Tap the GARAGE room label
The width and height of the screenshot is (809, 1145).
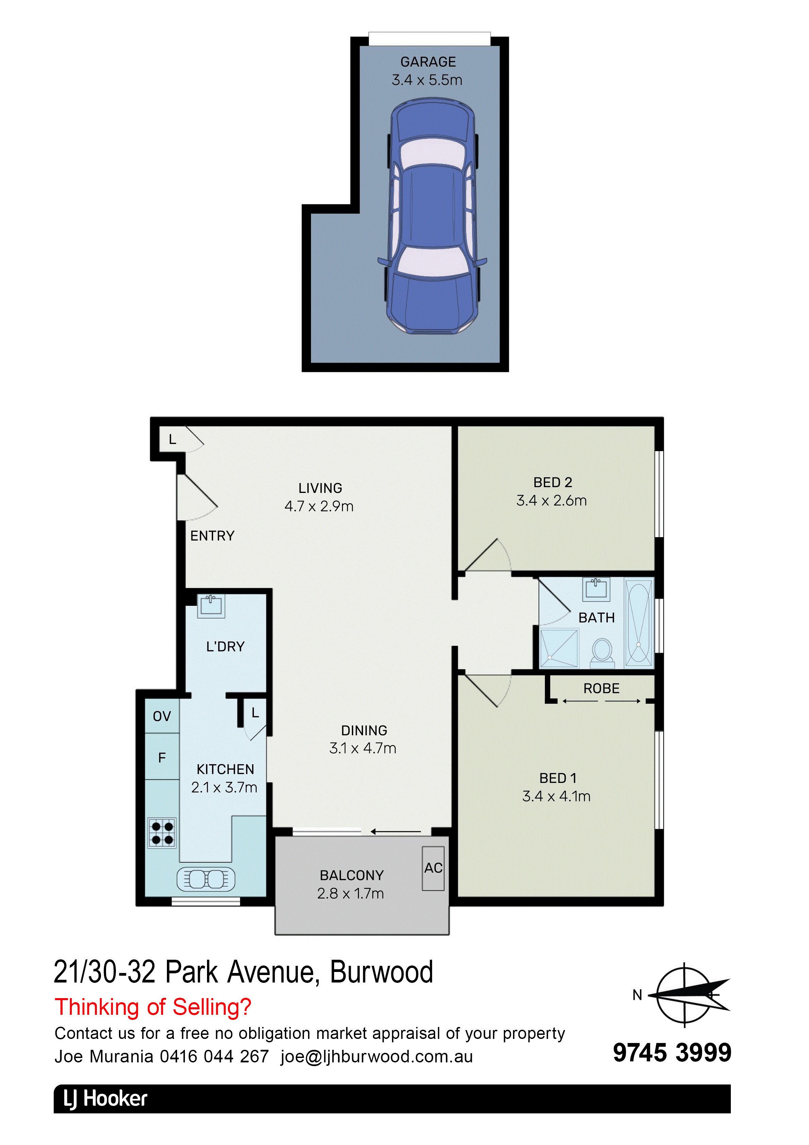point(428,62)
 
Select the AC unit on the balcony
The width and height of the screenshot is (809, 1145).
point(433,868)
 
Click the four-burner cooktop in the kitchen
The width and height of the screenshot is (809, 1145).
point(162,833)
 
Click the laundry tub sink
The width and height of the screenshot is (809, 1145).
point(211,605)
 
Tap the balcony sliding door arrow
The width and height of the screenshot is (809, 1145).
point(396,831)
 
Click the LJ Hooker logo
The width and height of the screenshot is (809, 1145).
point(105,1099)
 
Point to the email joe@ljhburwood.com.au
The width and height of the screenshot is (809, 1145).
point(377,1056)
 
